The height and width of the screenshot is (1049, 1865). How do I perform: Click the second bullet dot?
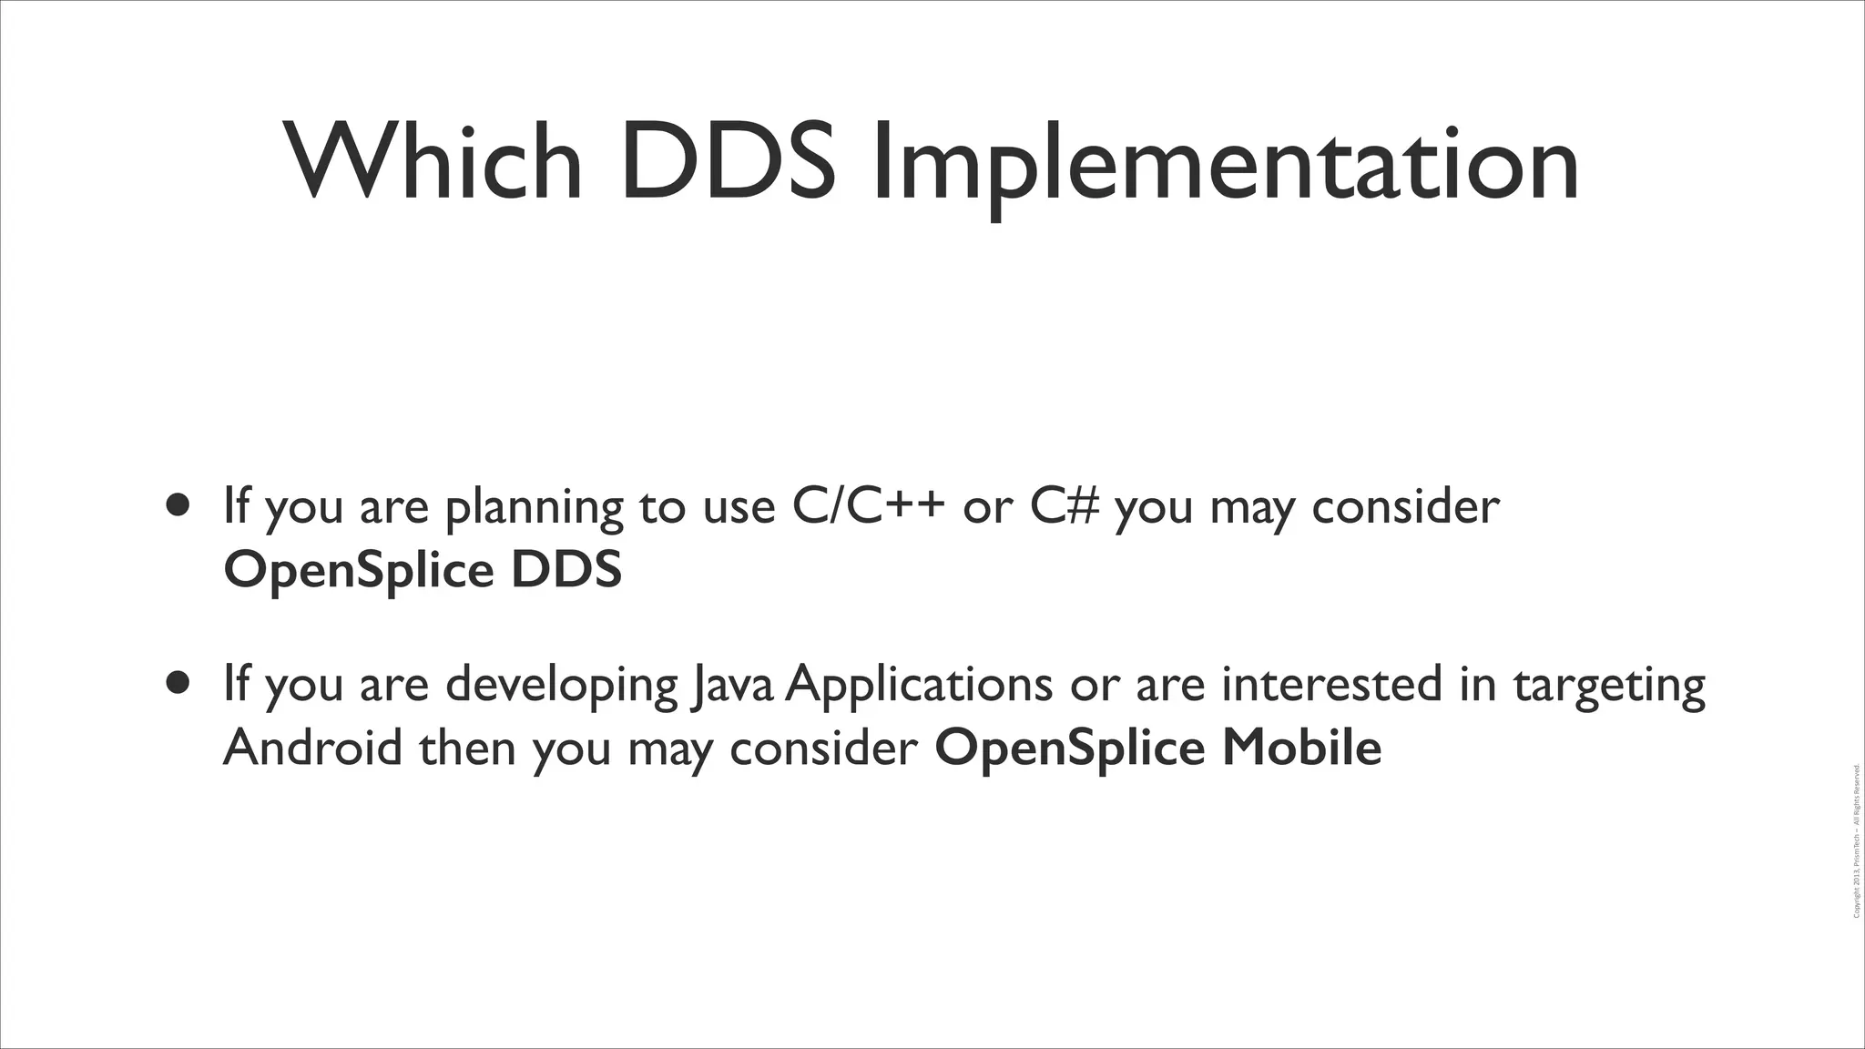(x=178, y=683)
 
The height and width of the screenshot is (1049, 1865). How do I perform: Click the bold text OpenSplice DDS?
(x=423, y=571)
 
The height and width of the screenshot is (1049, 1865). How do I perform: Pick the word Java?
(x=734, y=685)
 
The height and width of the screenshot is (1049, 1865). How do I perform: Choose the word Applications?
(x=919, y=685)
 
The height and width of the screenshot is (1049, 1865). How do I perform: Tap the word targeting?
(x=1609, y=687)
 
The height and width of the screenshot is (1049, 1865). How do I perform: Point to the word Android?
(x=312, y=749)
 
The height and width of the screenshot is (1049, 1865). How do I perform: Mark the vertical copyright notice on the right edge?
(x=1857, y=841)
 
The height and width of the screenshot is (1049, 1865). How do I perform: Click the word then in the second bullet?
(x=466, y=749)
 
